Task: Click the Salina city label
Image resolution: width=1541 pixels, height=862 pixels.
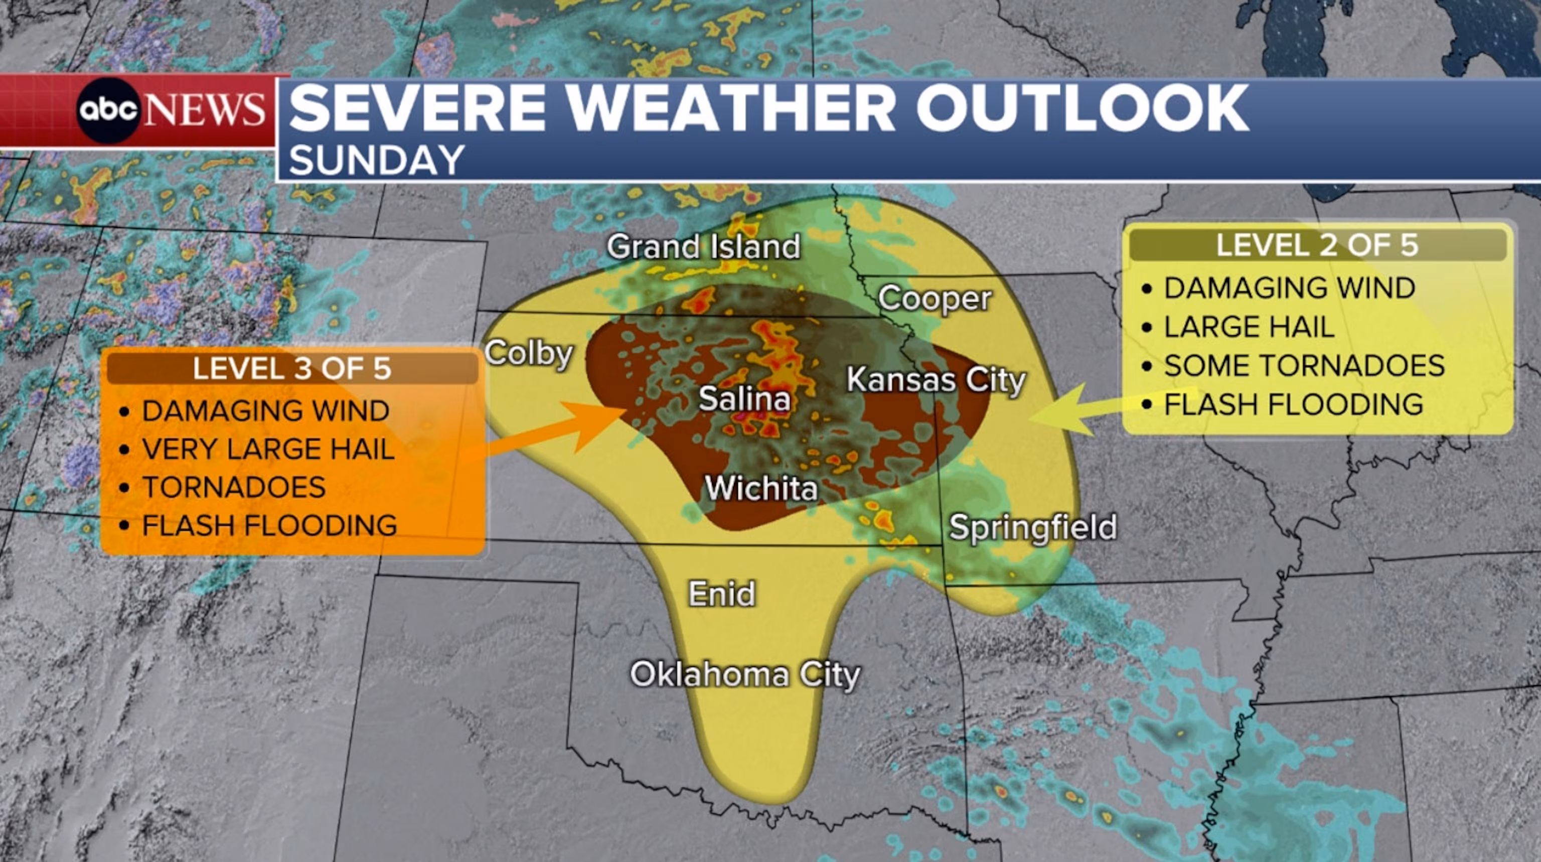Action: [744, 399]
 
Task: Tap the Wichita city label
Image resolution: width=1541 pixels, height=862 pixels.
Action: [761, 489]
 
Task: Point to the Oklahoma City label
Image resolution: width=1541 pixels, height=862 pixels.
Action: [745, 675]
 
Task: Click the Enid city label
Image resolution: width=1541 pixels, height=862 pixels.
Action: [721, 594]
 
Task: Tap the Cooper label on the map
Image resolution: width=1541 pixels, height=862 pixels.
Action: [935, 299]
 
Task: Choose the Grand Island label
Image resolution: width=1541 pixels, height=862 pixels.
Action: [703, 246]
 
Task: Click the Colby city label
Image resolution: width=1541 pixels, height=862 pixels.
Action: [529, 354]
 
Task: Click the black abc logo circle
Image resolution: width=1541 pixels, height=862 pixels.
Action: [108, 110]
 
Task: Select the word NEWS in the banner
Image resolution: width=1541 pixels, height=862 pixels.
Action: [205, 110]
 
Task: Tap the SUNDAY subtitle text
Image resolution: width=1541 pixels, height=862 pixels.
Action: [377, 161]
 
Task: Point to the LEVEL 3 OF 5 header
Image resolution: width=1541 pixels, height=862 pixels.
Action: [292, 368]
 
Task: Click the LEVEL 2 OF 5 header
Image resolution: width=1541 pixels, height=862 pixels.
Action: [1317, 245]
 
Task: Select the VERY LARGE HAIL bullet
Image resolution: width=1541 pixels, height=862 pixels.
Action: [268, 449]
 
